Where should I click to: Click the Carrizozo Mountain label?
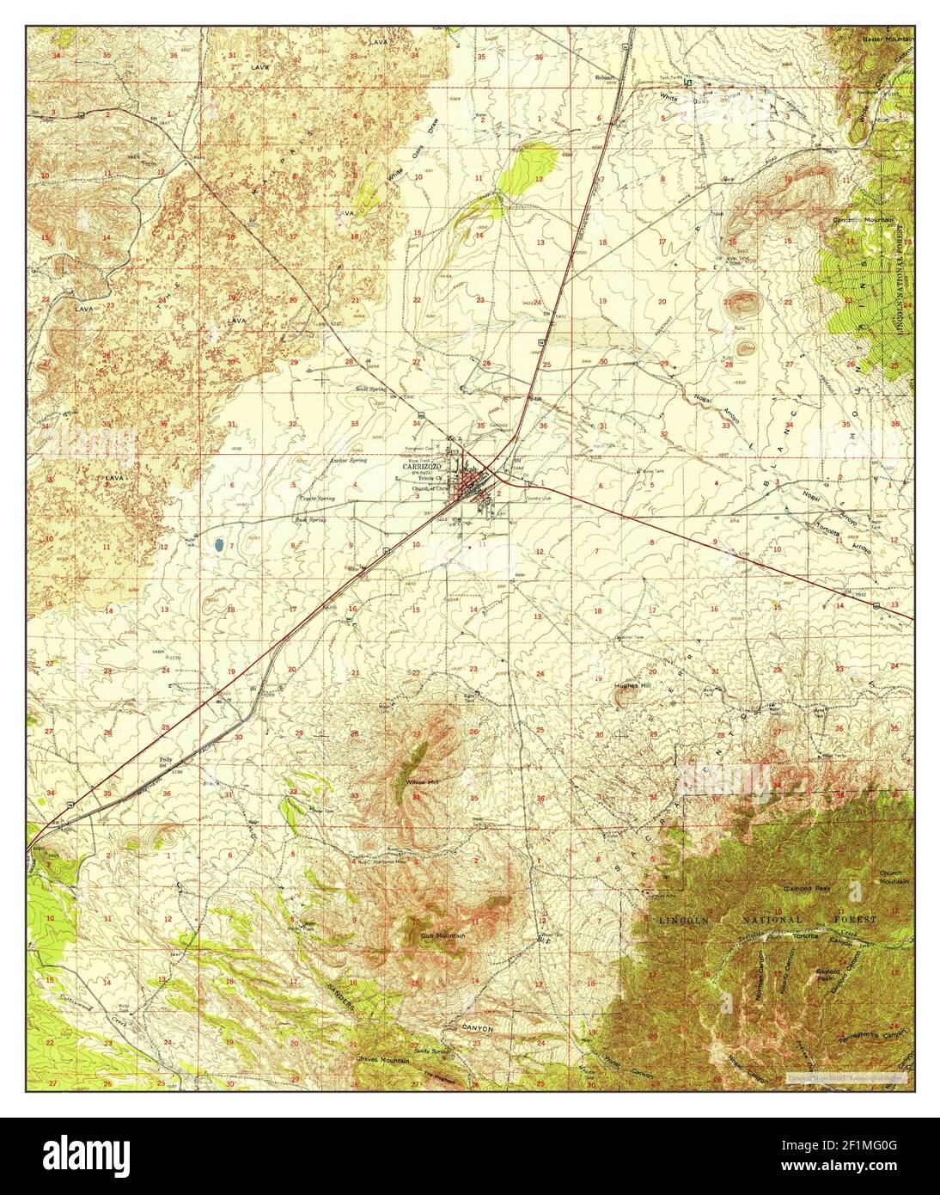click(864, 220)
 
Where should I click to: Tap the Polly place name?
click(167, 760)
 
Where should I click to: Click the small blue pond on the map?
click(220, 545)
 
